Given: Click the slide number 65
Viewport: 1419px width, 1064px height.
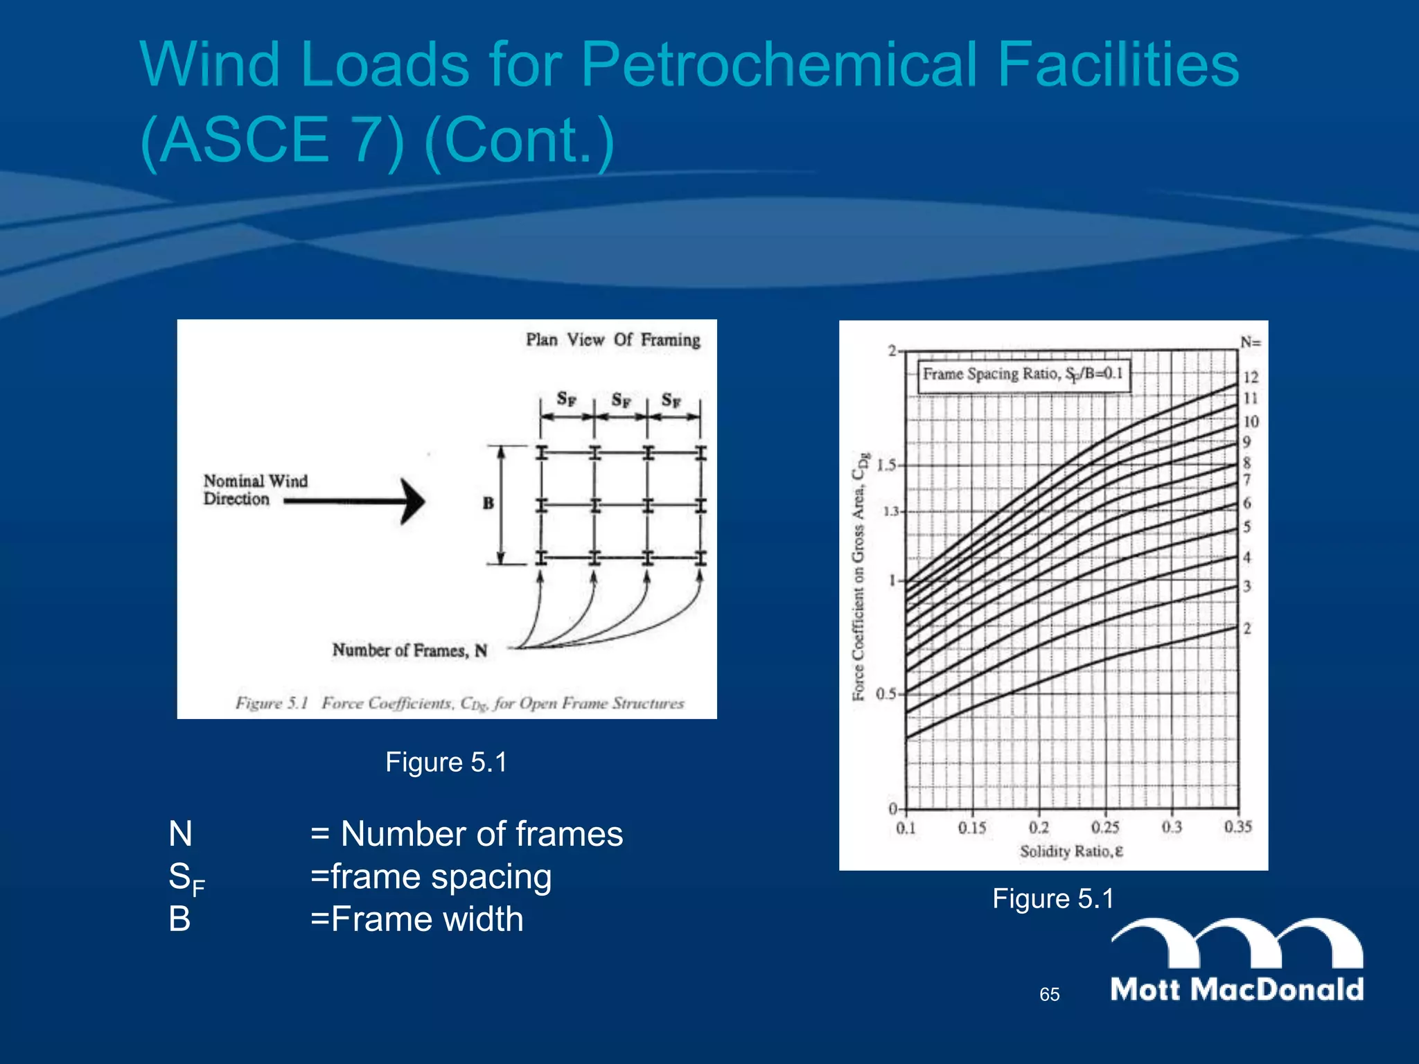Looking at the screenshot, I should pos(1049,995).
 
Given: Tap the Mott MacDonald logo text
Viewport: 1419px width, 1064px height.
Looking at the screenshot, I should pos(1237,989).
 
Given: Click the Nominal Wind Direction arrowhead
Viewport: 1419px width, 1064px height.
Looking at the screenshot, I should pos(413,501).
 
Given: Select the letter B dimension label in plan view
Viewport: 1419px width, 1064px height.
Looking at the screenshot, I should pos(488,503).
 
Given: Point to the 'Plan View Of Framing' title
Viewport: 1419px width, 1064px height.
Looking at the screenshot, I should pos(612,339).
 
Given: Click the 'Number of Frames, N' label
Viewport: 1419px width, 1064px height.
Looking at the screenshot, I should pos(409,650).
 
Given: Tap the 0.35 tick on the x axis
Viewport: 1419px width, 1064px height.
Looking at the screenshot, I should pos(1237,827).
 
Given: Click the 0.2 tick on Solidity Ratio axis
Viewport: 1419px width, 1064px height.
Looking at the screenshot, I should pos(1039,827).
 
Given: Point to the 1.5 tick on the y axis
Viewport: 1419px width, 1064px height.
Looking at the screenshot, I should pos(886,465).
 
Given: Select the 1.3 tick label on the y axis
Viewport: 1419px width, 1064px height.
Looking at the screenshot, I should pos(889,512).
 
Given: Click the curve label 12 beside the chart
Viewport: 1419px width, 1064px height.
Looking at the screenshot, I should pos(1250,378).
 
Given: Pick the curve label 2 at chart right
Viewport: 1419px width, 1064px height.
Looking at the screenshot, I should pos(1247,629).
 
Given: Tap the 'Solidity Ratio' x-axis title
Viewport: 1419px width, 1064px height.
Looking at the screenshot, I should pos(1070,851).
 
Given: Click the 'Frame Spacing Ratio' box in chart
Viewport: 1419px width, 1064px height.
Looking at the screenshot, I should pos(1022,375).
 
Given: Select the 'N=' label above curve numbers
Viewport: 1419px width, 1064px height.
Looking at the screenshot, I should pos(1251,342).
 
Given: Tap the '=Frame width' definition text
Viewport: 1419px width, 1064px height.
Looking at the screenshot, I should pos(416,919).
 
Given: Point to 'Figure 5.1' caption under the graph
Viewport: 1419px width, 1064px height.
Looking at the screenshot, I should pos(1052,898).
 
